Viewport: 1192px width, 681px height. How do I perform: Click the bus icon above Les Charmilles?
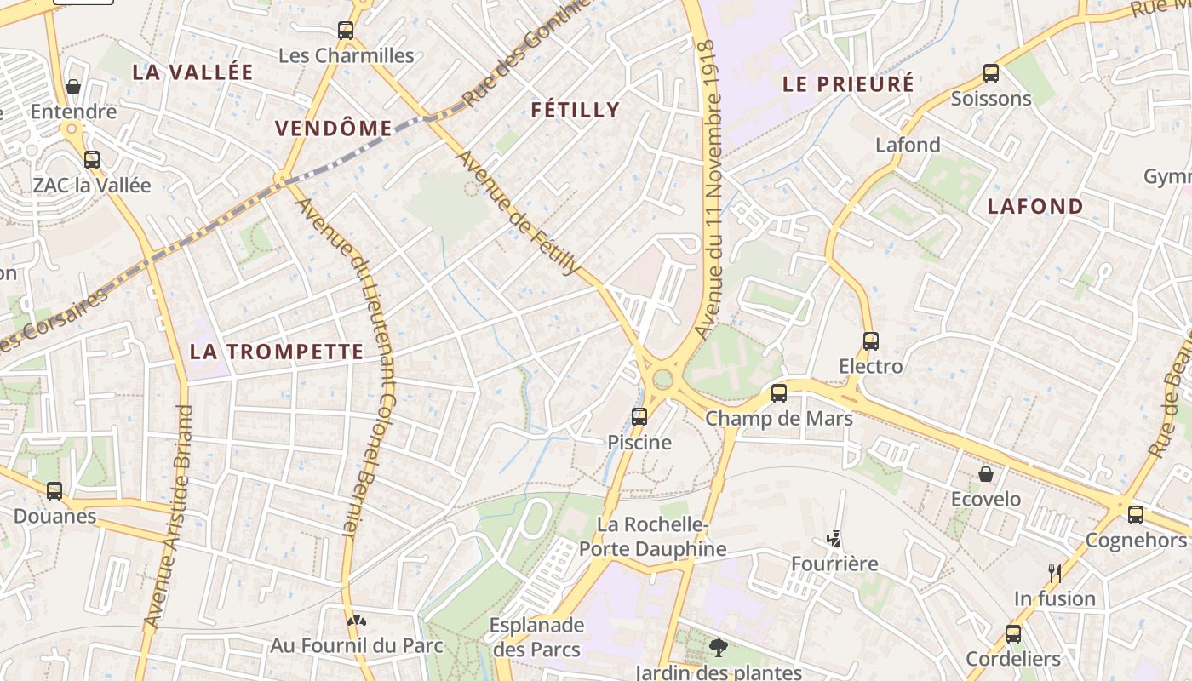tap(345, 31)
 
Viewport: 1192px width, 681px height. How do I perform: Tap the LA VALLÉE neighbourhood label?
tap(193, 72)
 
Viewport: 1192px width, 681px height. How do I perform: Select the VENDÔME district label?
tap(333, 129)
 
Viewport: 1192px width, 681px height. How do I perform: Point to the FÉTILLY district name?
tap(576, 110)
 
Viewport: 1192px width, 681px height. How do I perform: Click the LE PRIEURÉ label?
tap(848, 84)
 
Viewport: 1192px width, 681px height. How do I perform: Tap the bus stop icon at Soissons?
tap(991, 73)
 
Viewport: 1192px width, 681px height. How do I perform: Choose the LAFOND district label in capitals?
tap(1035, 206)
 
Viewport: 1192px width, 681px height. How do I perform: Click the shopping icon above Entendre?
tap(73, 87)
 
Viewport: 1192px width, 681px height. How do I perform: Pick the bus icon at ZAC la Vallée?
tap(91, 159)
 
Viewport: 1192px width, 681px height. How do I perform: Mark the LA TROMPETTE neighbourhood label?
tap(277, 352)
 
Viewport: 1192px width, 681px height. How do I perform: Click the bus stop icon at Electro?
tap(870, 341)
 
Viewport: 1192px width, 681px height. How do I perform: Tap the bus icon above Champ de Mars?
tap(779, 393)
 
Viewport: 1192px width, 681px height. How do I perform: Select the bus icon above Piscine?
tap(639, 417)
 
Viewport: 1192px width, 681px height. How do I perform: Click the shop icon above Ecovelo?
tap(986, 474)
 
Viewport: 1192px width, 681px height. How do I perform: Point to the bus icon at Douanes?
tap(54, 491)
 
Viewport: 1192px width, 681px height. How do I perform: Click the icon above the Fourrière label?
tap(834, 539)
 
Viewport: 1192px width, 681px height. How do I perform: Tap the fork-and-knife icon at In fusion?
tap(1054, 574)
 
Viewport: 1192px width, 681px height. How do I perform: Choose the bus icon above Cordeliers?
tap(1013, 633)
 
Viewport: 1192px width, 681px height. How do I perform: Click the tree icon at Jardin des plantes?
tap(719, 648)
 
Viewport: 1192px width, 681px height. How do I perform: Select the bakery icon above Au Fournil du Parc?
tap(357, 621)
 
